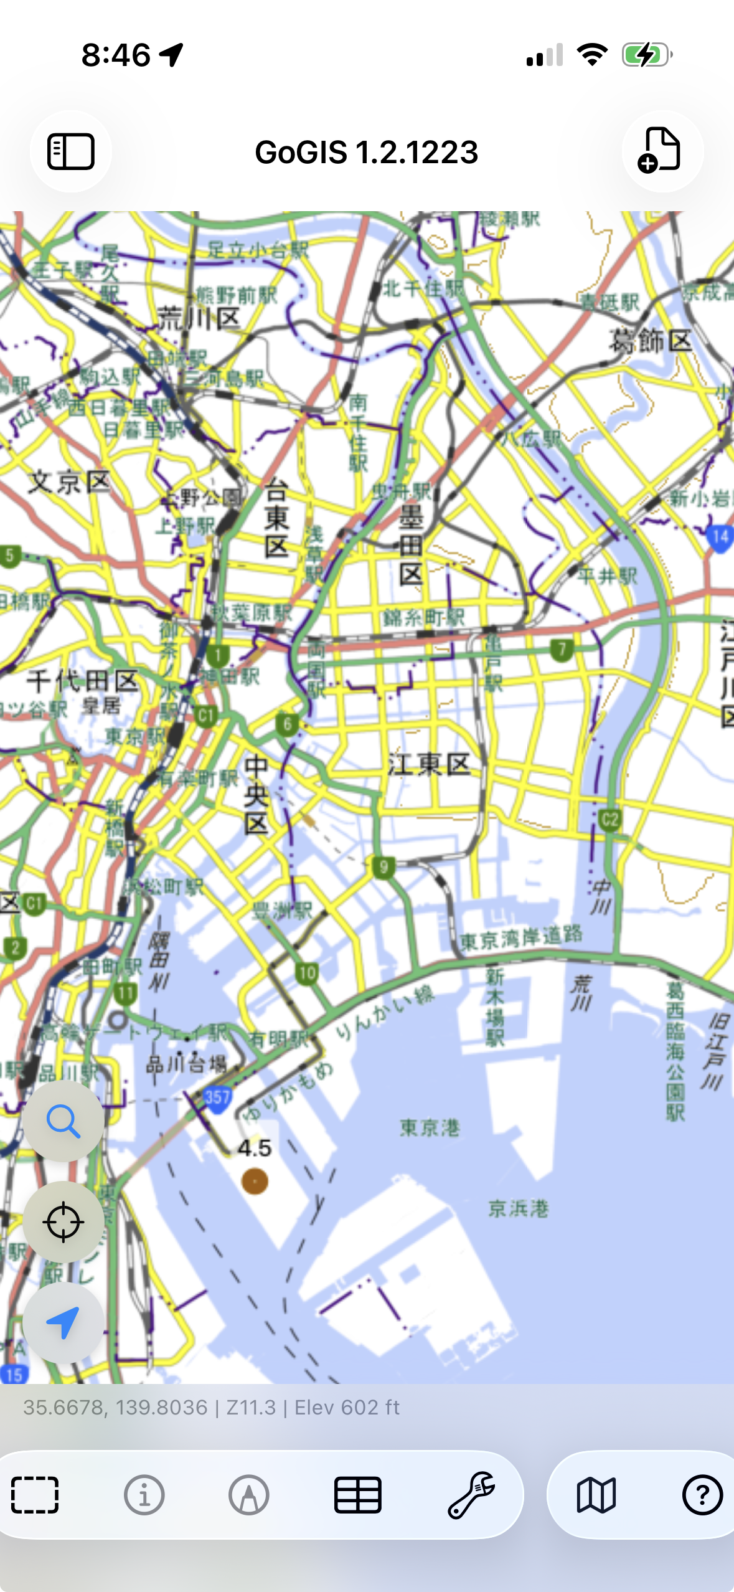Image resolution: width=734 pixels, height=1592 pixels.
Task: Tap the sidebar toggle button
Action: click(x=71, y=151)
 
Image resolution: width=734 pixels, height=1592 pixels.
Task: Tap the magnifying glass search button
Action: click(x=64, y=1121)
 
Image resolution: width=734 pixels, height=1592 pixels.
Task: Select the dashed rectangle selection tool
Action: click(x=35, y=1495)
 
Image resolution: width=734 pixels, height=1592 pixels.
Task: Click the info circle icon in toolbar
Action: click(x=144, y=1495)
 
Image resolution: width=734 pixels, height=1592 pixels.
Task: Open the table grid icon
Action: click(x=358, y=1495)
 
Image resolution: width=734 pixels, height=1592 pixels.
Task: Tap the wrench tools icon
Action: click(x=471, y=1495)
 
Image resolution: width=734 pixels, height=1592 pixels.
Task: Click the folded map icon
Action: click(x=596, y=1495)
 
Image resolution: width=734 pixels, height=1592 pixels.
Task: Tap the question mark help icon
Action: click(x=702, y=1495)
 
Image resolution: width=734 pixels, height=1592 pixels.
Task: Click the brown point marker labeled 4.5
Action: click(x=255, y=1181)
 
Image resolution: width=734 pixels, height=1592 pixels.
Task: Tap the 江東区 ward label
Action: click(x=429, y=764)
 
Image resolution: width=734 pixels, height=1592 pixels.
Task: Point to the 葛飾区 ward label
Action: click(x=651, y=341)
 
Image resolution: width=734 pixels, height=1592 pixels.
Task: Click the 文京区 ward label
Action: click(x=70, y=482)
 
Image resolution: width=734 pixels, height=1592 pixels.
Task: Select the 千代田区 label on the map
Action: click(x=82, y=681)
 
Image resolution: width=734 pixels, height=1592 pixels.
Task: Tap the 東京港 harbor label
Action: click(x=430, y=1127)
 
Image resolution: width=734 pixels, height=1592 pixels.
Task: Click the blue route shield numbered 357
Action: click(x=217, y=1097)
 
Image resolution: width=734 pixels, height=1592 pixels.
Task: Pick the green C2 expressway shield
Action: click(x=609, y=820)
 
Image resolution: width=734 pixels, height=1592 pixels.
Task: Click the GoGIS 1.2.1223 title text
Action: click(x=367, y=153)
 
